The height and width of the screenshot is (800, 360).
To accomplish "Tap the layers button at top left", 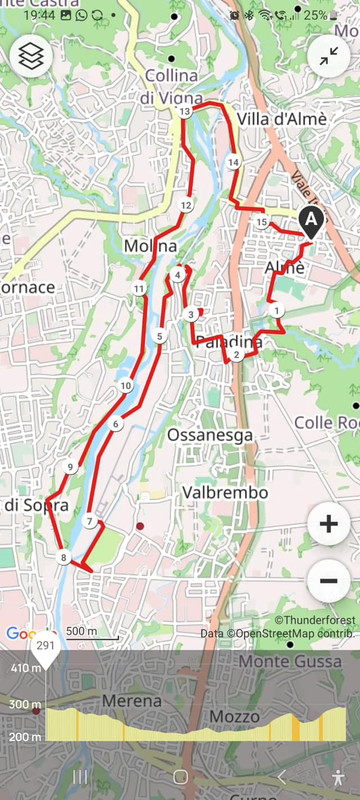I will click(30, 57).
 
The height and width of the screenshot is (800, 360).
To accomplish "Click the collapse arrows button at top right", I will click(329, 57).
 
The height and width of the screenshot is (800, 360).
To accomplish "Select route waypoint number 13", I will click(184, 113).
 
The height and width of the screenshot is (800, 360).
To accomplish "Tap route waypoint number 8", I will click(64, 558).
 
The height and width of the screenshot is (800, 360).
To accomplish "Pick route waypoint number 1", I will click(277, 311).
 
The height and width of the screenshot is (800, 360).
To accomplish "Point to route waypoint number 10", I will click(125, 386).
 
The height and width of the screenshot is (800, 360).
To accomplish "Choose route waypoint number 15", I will click(262, 222).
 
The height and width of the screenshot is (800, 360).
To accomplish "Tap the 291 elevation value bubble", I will click(45, 646).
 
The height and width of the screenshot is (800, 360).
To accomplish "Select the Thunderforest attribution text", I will click(316, 620).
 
